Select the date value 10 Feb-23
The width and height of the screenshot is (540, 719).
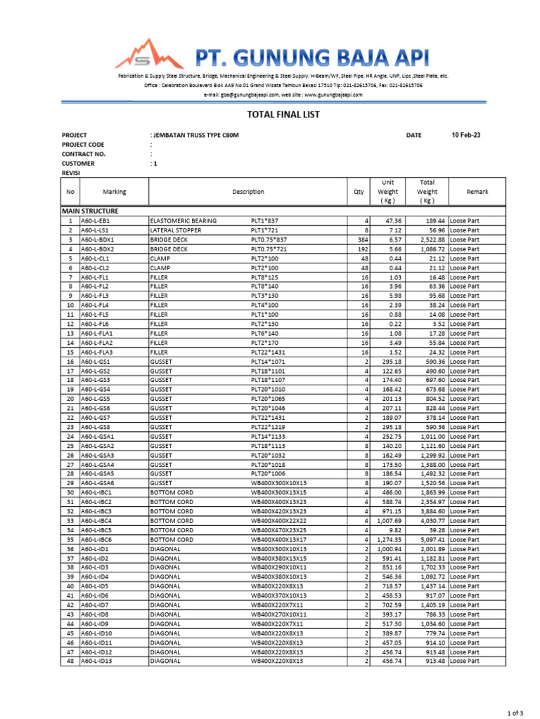466,135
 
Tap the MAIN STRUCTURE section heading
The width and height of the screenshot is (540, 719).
90,211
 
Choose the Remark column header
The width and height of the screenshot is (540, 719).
477,192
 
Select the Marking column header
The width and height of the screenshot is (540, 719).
114,192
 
